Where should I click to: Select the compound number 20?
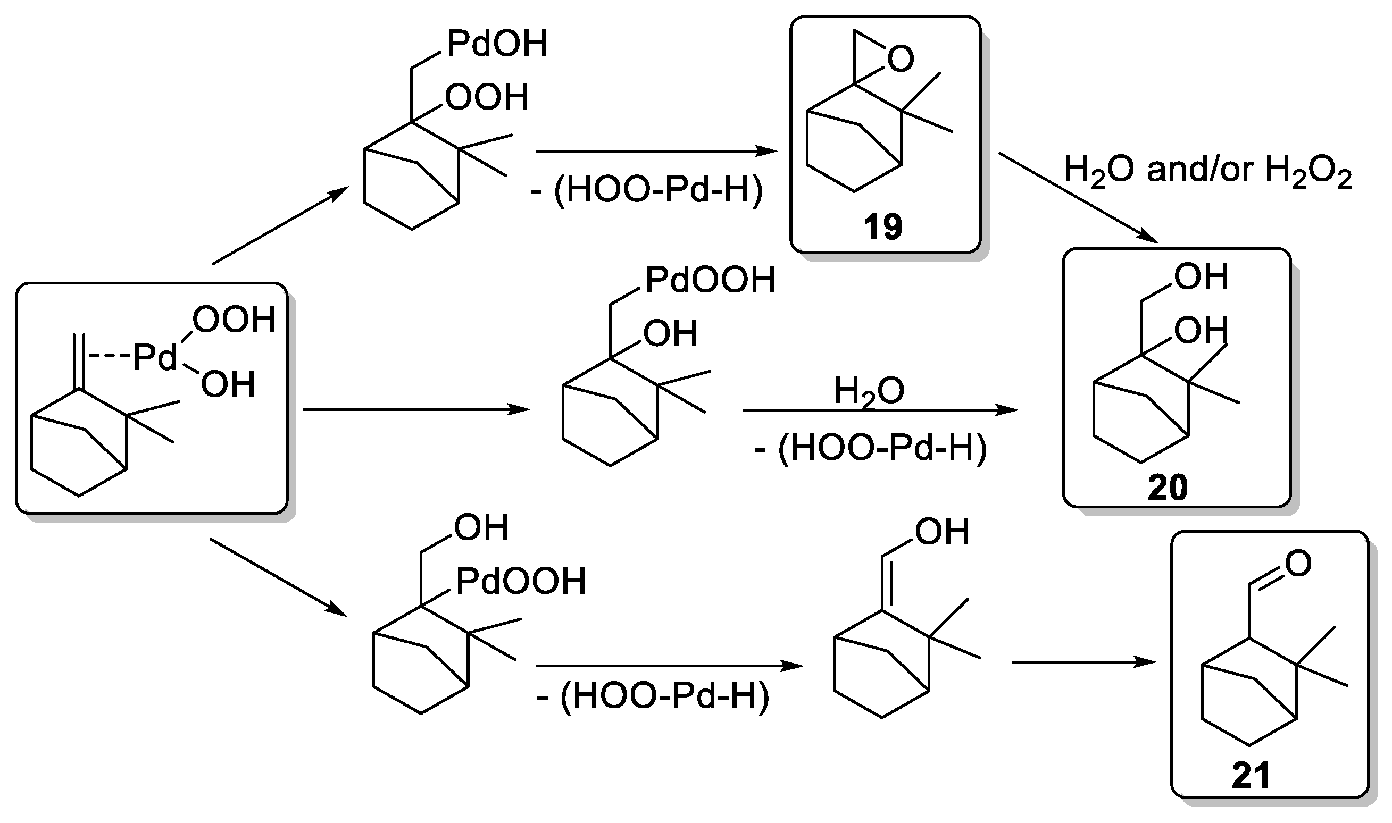pyautogui.click(x=1168, y=487)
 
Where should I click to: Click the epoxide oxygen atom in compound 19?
pyautogui.click(x=900, y=59)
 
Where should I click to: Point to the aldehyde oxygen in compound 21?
pyautogui.click(x=1298, y=563)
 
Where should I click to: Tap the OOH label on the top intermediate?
pyautogui.click(x=486, y=98)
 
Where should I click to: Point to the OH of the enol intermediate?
pyautogui.click(x=941, y=531)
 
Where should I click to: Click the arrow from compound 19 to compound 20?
pyautogui.click(x=1078, y=197)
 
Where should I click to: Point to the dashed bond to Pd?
pyautogui.click(x=109, y=356)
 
